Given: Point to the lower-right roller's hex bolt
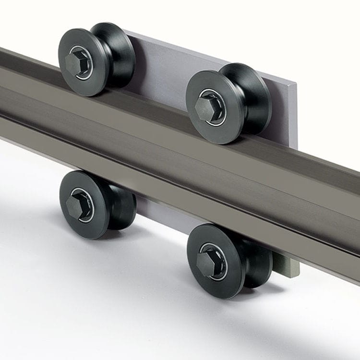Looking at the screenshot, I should click(x=206, y=263).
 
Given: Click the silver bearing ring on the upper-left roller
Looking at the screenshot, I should click(x=87, y=55).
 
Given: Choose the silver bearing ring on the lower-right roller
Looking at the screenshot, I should click(x=218, y=254).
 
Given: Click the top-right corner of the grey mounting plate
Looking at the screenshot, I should click(x=294, y=87).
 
